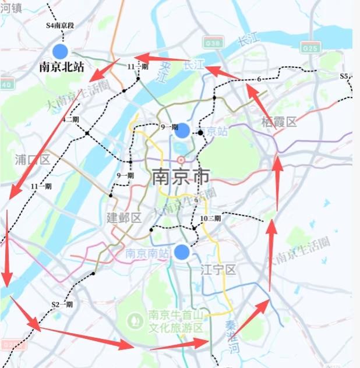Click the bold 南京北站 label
61,67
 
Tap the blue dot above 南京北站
61,51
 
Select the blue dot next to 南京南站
182,252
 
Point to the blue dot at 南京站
182,131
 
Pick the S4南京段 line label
61,26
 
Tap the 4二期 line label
70,119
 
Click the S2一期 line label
62,304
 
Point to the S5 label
344,76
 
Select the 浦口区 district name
32,160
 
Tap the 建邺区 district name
124,218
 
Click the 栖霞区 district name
279,122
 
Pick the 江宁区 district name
218,270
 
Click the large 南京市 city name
181,177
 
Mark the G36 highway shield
214,43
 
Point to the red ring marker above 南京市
181,160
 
